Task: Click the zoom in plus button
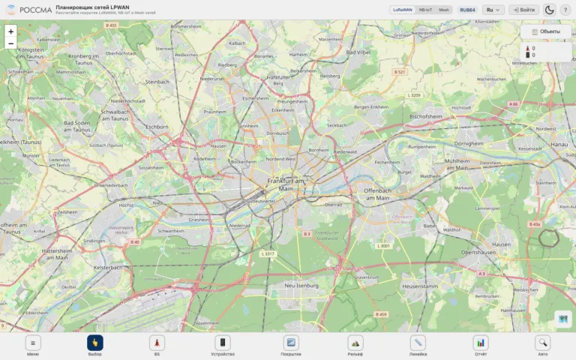pyautogui.click(x=10, y=31)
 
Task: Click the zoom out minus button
pyautogui.click(x=10, y=43)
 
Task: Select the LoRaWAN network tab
pyautogui.click(x=402, y=10)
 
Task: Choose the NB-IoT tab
pyautogui.click(x=425, y=10)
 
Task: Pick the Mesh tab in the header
pyautogui.click(x=444, y=10)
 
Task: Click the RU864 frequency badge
pyautogui.click(x=467, y=10)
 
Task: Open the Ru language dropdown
pyautogui.click(x=493, y=10)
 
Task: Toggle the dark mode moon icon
pyautogui.click(x=549, y=10)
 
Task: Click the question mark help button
pyautogui.click(x=565, y=10)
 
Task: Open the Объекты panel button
pyautogui.click(x=545, y=31)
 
